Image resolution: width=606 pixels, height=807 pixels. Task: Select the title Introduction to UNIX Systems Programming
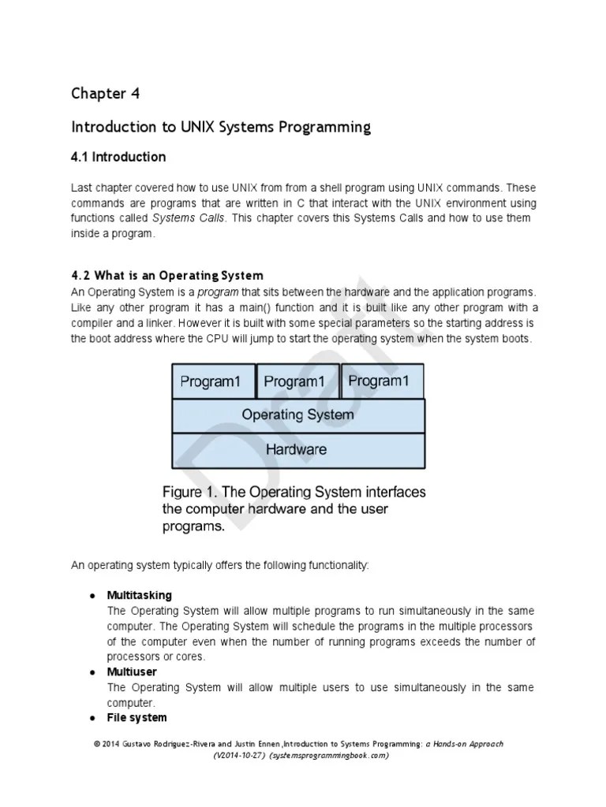[x=220, y=127]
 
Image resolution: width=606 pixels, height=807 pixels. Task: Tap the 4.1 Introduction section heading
[x=118, y=157]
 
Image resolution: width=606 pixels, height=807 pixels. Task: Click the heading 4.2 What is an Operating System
[x=167, y=276]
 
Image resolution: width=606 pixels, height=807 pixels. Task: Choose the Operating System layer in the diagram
[x=297, y=415]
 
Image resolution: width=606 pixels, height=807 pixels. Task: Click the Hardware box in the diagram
[x=297, y=449]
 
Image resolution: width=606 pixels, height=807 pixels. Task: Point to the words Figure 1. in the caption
[x=189, y=493]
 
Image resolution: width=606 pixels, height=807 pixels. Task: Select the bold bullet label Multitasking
[x=139, y=595]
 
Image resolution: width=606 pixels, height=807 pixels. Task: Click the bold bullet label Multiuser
[x=132, y=672]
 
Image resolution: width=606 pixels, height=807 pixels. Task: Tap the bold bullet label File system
[x=137, y=718]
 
